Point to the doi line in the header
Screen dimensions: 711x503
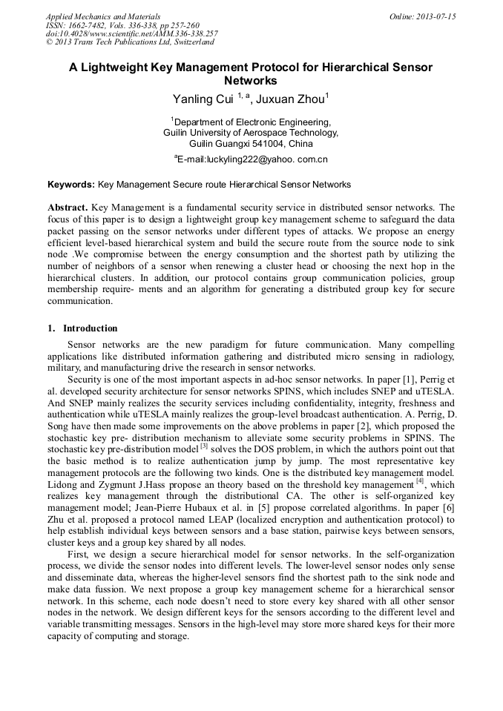click(131, 34)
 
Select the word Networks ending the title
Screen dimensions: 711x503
click(251, 82)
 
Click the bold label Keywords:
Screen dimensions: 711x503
click(71, 184)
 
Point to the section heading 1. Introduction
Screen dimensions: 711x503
click(82, 328)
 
